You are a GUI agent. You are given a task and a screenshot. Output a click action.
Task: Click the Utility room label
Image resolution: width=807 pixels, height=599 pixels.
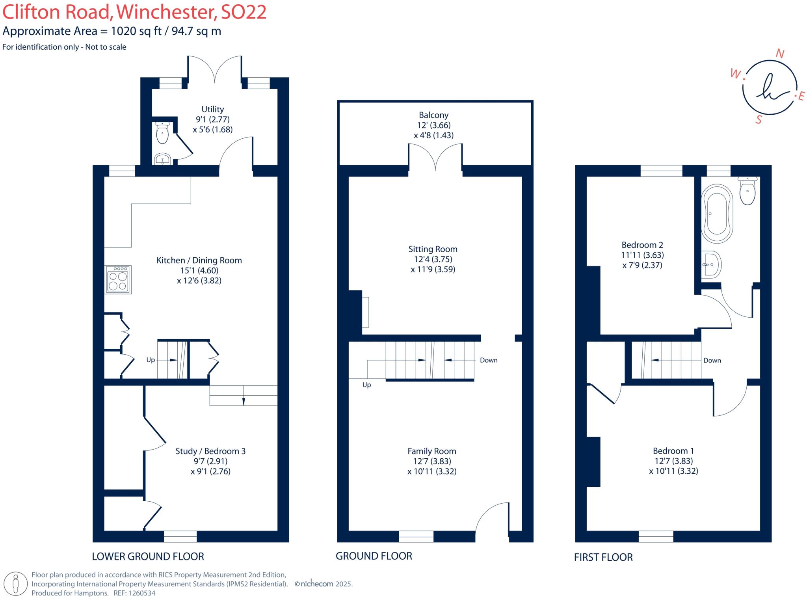tap(212, 109)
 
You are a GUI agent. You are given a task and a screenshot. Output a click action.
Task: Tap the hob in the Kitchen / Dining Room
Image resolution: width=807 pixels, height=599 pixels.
tap(118, 280)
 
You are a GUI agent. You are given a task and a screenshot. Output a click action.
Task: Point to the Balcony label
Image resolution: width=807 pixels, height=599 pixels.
tap(433, 115)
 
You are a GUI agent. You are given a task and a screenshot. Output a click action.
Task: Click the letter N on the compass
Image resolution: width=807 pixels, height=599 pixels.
tap(779, 54)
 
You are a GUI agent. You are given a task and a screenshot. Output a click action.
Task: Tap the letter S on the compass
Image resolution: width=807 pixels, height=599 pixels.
tap(759, 119)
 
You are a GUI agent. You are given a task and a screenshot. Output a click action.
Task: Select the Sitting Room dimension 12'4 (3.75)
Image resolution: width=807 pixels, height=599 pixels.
tap(433, 259)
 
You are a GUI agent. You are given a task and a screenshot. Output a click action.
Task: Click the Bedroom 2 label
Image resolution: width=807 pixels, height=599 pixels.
tap(642, 245)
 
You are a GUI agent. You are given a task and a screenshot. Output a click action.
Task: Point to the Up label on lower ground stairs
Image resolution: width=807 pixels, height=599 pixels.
tap(151, 360)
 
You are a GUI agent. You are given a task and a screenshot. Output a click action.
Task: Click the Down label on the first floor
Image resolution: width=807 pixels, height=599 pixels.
tap(712, 360)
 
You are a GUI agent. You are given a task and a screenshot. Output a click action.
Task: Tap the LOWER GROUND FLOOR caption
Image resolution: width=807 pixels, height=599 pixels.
tap(148, 556)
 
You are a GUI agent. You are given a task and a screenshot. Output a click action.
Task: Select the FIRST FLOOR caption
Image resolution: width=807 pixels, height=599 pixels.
tap(603, 557)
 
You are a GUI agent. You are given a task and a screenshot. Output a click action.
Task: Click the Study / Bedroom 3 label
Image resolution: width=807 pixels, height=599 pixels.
tap(210, 451)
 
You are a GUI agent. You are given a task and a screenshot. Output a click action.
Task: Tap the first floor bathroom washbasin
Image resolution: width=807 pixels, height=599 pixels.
tap(712, 265)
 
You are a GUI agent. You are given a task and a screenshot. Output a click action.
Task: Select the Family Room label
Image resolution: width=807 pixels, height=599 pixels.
tap(431, 451)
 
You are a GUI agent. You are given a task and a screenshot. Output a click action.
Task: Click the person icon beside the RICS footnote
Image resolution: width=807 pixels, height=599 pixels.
tap(16, 583)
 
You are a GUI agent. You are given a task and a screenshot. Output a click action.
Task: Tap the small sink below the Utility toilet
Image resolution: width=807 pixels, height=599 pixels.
tap(162, 159)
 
